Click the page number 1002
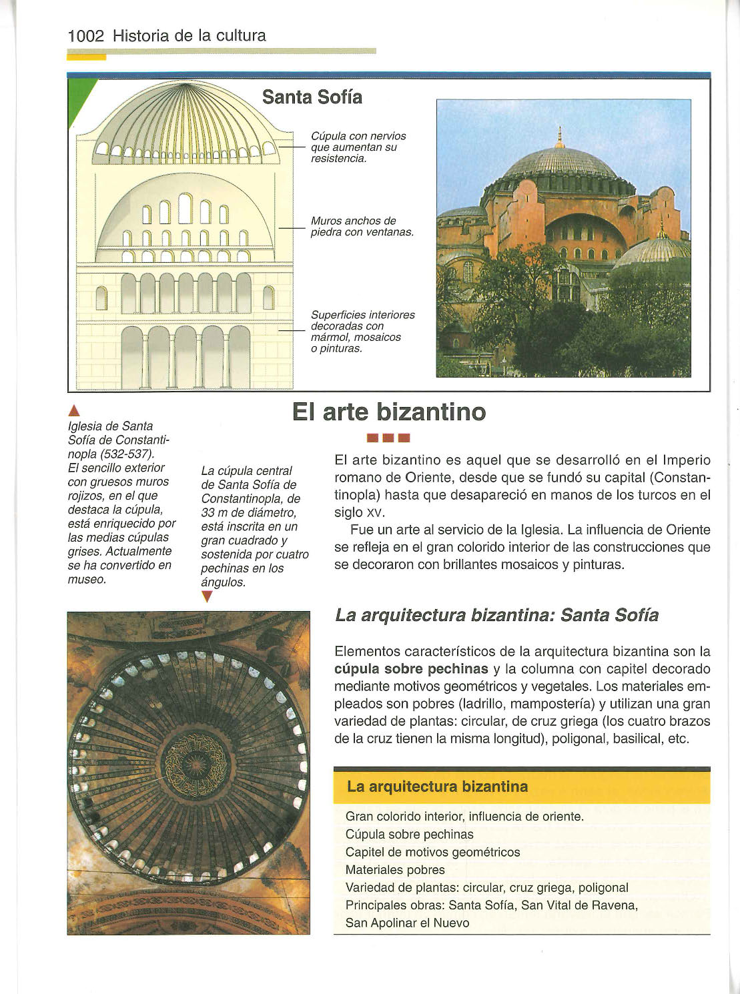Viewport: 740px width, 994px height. point(86,36)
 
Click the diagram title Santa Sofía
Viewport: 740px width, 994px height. point(312,97)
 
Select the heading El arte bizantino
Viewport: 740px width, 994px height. point(389,412)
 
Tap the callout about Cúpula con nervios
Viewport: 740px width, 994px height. point(358,147)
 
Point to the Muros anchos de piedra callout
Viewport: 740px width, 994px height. point(362,227)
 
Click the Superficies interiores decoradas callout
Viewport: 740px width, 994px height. point(362,332)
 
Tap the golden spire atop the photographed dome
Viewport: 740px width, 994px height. point(560,138)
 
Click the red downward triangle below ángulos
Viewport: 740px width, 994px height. point(206,598)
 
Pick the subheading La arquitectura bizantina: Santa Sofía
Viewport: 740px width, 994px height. point(496,615)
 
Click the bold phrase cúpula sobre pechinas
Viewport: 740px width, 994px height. point(411,669)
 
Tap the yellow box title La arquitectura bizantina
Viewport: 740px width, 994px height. point(437,787)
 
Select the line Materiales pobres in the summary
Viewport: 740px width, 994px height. point(395,870)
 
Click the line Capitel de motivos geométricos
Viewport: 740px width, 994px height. point(432,852)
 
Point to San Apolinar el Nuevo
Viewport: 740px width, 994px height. point(407,923)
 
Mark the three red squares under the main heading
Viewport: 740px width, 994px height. point(388,438)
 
